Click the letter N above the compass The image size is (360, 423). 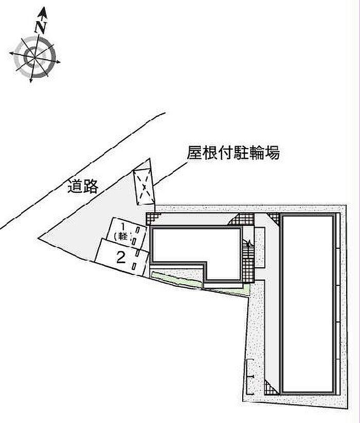41,27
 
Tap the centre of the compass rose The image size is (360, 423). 34,57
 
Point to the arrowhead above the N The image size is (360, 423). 43,13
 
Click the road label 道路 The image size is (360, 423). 83,186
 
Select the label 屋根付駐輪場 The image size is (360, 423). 233,153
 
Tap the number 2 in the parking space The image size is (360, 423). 121,258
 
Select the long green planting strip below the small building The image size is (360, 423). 177,280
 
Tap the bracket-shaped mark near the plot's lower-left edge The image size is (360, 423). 250,377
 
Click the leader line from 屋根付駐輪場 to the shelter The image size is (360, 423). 171,174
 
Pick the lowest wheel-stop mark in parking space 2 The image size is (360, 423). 134,266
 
